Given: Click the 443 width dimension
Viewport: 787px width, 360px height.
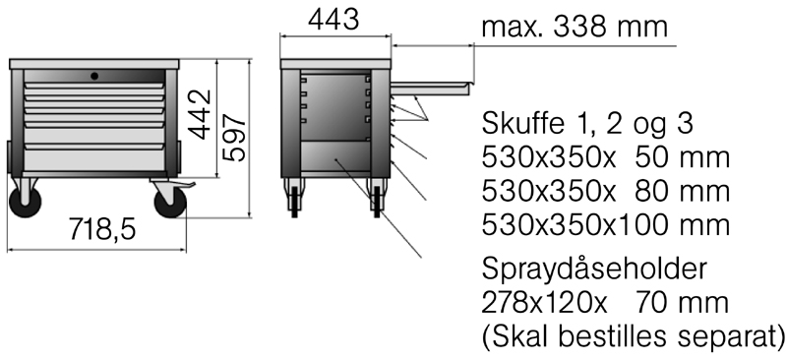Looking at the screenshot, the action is coord(333,20).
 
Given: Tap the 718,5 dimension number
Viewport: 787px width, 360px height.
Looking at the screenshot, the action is coord(103,229).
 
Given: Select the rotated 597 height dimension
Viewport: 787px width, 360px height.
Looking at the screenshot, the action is coord(234,138).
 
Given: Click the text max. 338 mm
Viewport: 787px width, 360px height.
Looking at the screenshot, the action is coord(575,27).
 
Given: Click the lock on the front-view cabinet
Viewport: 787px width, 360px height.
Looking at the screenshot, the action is coord(94,76).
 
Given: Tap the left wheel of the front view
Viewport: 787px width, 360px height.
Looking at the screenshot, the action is coord(26,203).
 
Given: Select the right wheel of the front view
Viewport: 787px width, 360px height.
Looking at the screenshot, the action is coord(170,203).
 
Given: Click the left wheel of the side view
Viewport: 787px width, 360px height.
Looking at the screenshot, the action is coord(293,199).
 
